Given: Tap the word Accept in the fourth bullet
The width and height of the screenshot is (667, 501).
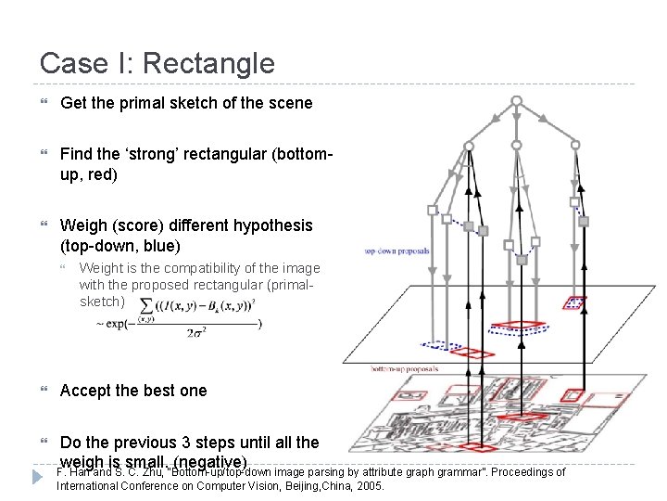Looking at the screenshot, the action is coord(89,391).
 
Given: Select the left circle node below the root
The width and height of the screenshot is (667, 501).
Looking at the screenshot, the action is coord(469,147).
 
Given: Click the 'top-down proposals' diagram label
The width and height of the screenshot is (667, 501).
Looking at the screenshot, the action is coord(396,250).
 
